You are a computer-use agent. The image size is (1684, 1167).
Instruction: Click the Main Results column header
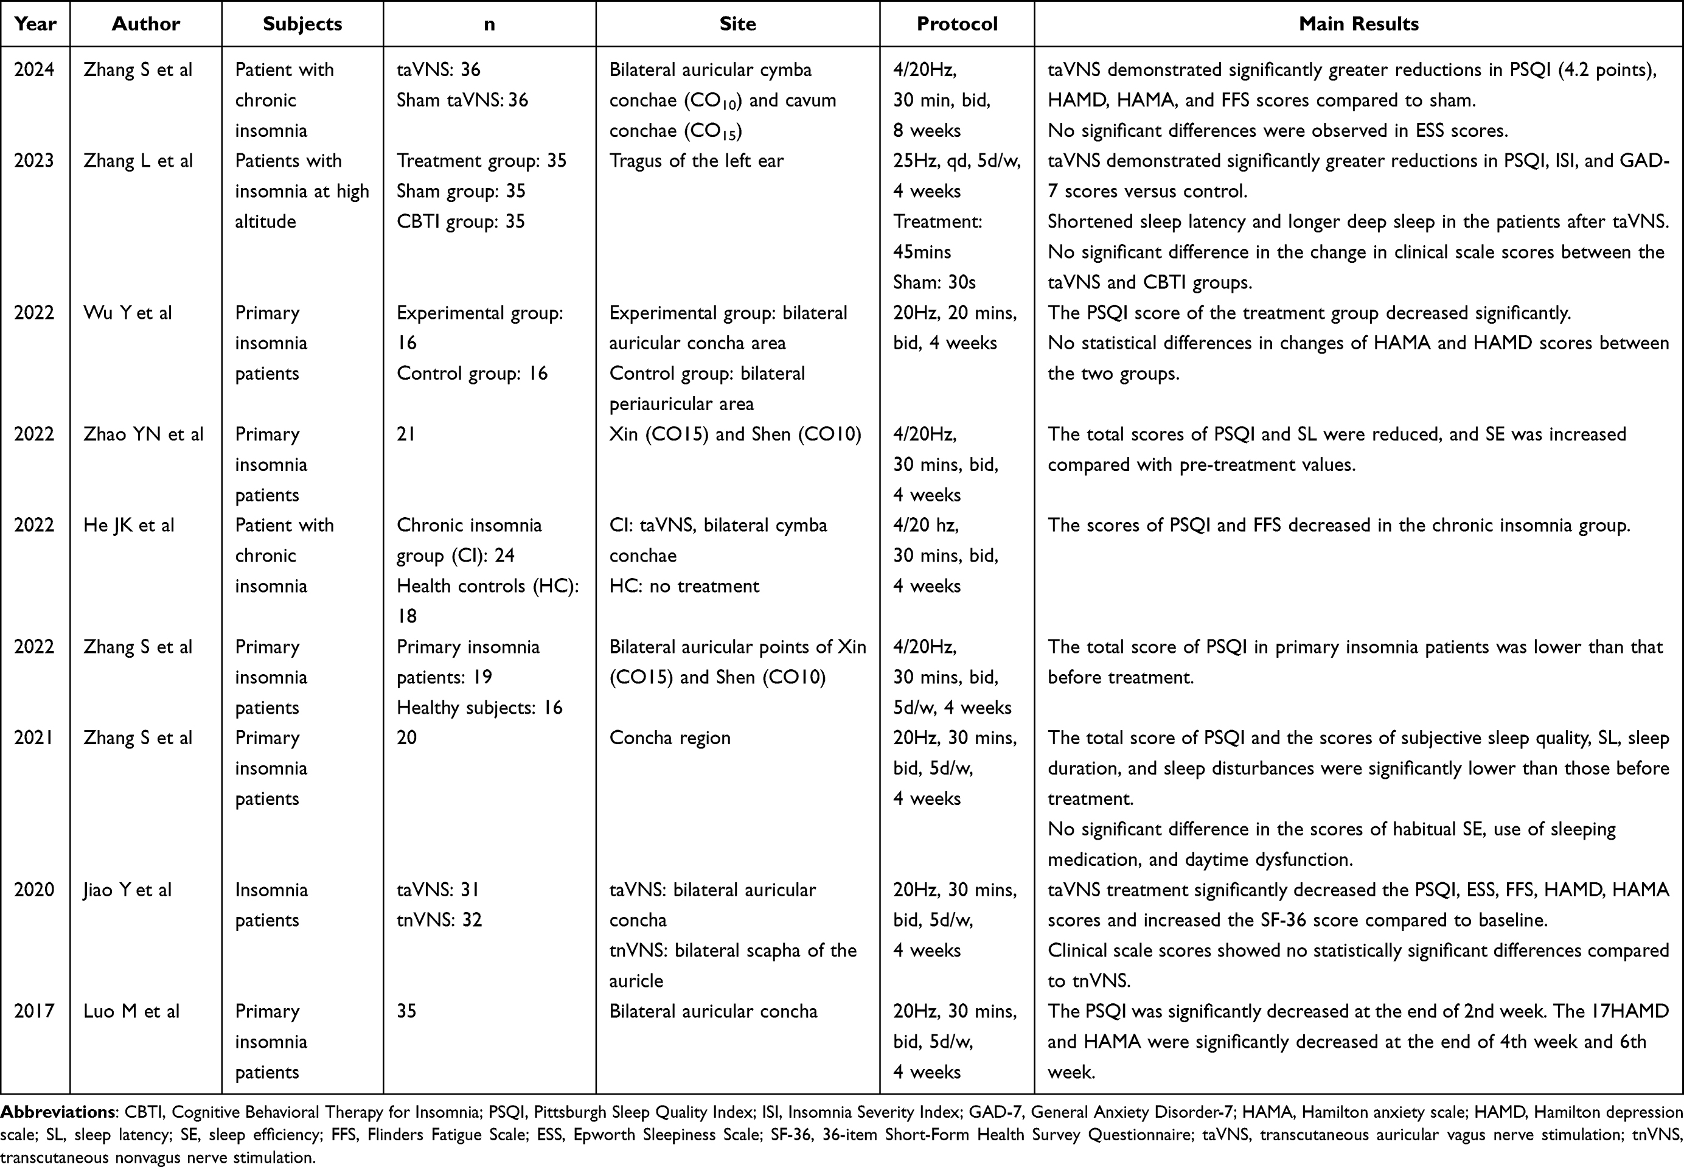tap(1358, 24)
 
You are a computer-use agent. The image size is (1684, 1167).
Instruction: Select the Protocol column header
tap(957, 24)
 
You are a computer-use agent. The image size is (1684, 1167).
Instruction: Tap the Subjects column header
tap(302, 24)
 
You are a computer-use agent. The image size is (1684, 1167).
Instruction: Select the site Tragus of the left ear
tap(696, 161)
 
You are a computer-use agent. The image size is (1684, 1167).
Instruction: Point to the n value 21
tap(406, 434)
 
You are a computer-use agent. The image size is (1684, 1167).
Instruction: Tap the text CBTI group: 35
tap(461, 221)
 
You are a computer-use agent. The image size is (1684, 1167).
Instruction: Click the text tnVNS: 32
tap(439, 920)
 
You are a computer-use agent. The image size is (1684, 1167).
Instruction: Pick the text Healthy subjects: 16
tap(479, 708)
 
